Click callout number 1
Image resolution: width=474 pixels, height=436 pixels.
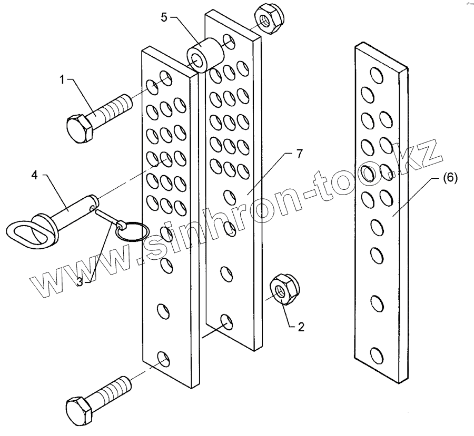tap(62, 80)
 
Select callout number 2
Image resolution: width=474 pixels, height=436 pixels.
tap(301, 327)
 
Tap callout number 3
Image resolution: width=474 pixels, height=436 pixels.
tap(80, 281)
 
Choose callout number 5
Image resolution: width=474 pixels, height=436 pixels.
tap(164, 17)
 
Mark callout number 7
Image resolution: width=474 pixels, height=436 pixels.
tap(299, 154)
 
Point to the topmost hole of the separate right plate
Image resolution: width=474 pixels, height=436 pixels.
tap(377, 75)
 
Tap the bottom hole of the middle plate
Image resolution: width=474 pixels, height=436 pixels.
tap(228, 321)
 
